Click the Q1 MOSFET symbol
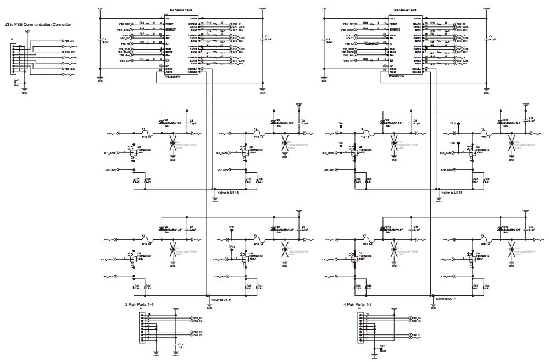point(132,152)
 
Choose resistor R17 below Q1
point(135,180)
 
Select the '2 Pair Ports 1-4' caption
point(143,304)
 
